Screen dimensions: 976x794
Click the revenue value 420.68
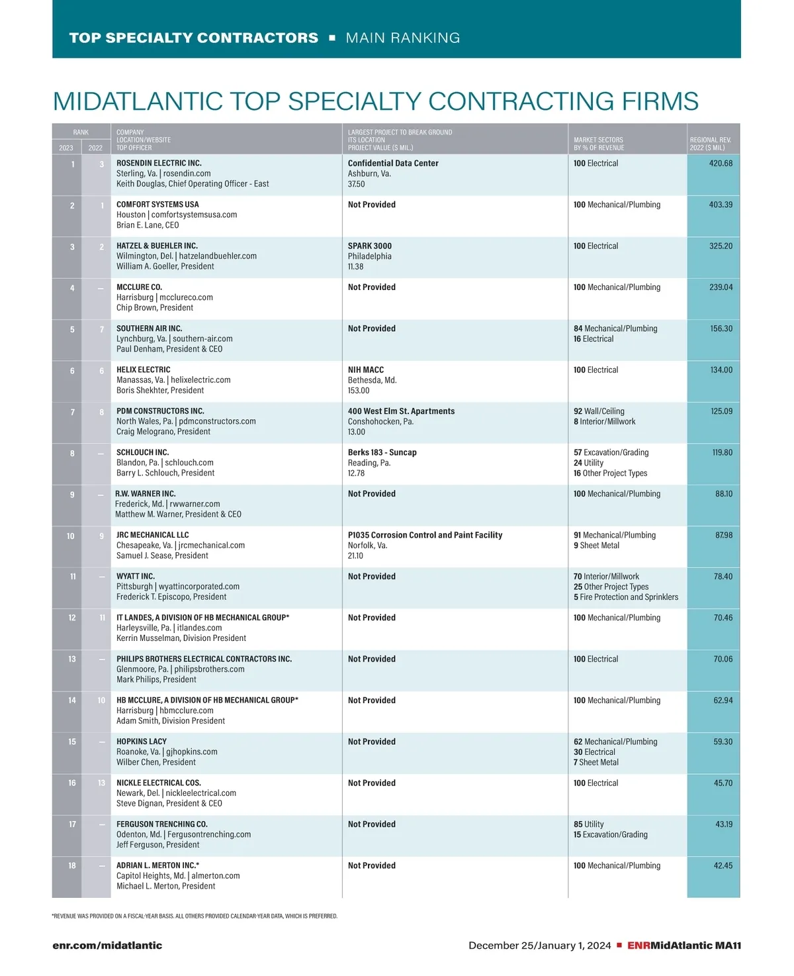point(721,164)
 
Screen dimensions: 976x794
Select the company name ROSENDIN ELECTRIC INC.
point(159,163)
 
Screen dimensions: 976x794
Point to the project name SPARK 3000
point(370,246)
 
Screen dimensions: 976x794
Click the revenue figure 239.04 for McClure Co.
point(721,287)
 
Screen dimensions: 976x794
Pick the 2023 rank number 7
point(73,412)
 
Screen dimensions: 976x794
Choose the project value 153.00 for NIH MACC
point(359,391)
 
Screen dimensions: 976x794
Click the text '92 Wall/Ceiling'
point(599,411)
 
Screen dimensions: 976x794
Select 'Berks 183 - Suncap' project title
point(382,452)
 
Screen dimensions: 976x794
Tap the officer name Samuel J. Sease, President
point(162,556)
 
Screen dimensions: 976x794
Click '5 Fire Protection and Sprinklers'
point(626,597)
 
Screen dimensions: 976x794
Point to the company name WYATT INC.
point(136,576)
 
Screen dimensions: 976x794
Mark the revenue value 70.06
point(723,659)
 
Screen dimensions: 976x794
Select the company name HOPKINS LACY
point(142,742)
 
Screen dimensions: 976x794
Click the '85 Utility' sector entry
point(589,824)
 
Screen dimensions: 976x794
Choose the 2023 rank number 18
point(72,865)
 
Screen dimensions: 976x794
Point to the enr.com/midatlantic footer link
point(107,946)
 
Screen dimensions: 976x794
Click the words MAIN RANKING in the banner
point(403,38)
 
